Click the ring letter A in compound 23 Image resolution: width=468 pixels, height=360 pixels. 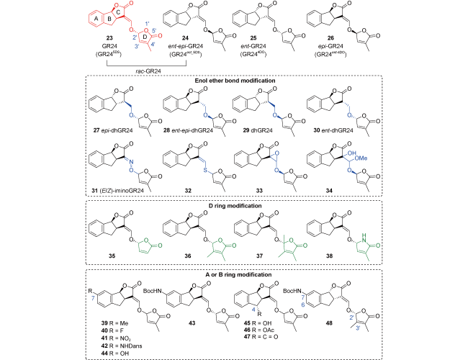(x=96, y=19)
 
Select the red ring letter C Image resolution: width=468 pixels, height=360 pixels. (x=119, y=12)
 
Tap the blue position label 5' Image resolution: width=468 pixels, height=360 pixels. (x=154, y=30)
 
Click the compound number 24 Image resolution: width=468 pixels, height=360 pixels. (x=185, y=38)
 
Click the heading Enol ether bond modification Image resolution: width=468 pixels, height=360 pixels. (x=235, y=81)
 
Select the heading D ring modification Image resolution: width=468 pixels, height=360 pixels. (x=235, y=206)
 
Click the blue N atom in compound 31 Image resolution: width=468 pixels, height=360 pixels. (x=131, y=162)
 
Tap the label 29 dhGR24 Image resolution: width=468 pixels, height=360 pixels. (x=258, y=130)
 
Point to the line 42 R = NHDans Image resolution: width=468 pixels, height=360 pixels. (x=122, y=346)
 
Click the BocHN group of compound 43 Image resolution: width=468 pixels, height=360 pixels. (x=153, y=291)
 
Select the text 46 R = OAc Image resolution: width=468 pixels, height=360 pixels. (x=258, y=330)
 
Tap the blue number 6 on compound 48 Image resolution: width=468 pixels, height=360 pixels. (x=303, y=305)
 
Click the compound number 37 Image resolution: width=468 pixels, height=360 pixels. (x=259, y=256)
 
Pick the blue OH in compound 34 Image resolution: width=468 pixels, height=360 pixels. (x=352, y=153)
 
